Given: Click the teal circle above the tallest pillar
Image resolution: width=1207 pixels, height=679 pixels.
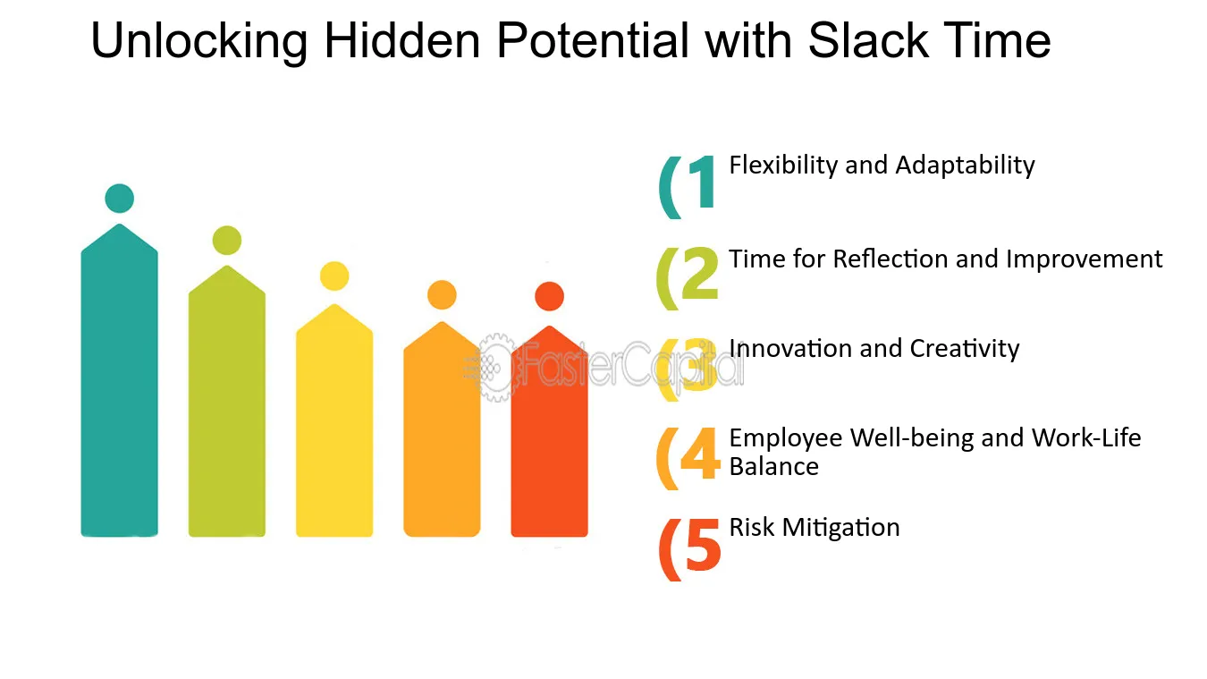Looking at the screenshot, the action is [119, 199].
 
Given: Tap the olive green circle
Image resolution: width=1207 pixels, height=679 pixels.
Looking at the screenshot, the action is [227, 240].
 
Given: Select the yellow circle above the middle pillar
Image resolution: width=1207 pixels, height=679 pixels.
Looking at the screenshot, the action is [334, 276].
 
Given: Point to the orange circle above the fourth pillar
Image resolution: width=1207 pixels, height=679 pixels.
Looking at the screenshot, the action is [442, 295].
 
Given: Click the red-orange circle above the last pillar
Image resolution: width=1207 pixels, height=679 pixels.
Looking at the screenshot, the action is [549, 297].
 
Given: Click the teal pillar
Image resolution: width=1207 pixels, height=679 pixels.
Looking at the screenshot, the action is [119, 380].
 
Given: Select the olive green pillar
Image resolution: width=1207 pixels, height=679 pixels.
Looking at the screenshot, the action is [227, 402].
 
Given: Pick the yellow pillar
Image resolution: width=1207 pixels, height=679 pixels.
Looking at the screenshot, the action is [334, 420].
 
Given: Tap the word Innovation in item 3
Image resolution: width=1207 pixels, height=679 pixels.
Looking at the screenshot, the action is [789, 348].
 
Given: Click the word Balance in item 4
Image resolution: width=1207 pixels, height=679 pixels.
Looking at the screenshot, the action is [773, 466].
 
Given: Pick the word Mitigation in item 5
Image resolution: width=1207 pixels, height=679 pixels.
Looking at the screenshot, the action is [841, 528].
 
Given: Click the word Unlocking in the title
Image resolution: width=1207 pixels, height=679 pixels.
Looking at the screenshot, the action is [199, 42].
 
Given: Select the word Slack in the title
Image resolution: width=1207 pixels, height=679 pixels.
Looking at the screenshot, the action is [868, 40].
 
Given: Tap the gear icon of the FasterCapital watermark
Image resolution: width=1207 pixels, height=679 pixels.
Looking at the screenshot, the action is [495, 368].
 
